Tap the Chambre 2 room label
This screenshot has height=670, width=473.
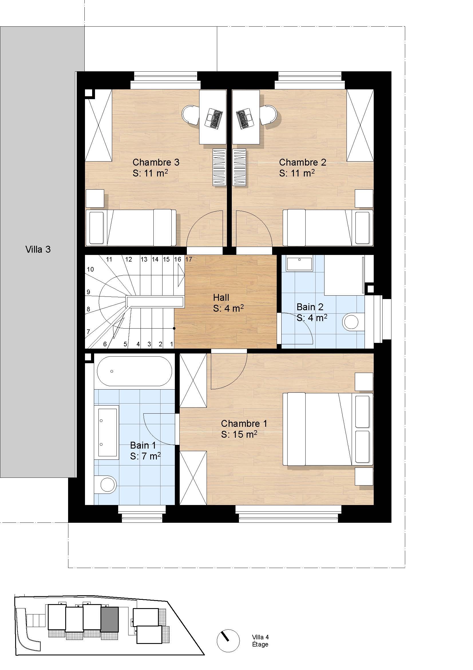click(x=302, y=162)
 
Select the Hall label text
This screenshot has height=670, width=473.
click(x=221, y=298)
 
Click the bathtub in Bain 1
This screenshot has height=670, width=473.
click(x=134, y=371)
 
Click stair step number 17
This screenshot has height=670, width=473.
click(x=189, y=259)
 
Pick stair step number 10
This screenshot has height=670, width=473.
click(x=90, y=269)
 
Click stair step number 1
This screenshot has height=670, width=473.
click(x=172, y=344)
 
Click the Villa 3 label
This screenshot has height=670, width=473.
click(x=38, y=249)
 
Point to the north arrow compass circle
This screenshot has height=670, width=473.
click(x=228, y=641)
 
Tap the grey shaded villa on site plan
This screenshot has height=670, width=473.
click(x=110, y=619)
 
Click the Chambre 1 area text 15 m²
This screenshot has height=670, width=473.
click(x=239, y=435)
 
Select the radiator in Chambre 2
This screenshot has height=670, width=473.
click(x=239, y=167)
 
